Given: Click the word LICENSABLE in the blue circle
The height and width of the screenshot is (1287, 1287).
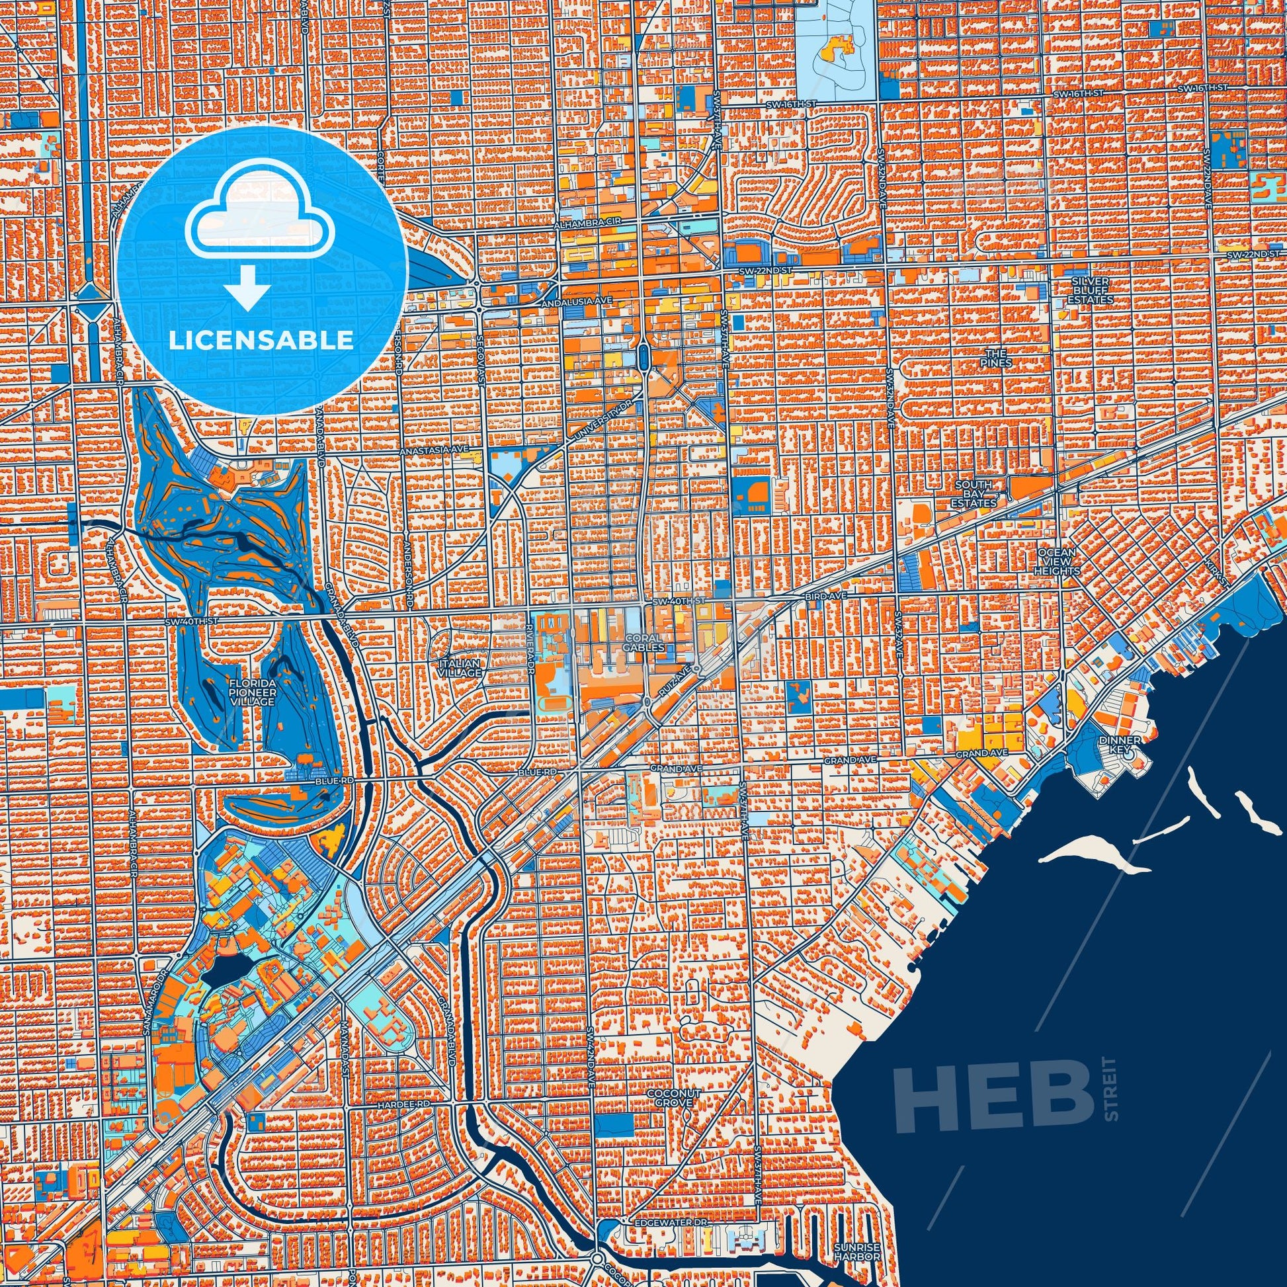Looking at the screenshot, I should coord(261,341).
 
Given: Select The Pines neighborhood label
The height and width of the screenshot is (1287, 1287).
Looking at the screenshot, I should coord(996,358).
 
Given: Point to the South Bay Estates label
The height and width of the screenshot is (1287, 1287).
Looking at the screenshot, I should coord(974,493).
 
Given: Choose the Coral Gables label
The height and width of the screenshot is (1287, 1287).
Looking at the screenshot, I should coord(644,642).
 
